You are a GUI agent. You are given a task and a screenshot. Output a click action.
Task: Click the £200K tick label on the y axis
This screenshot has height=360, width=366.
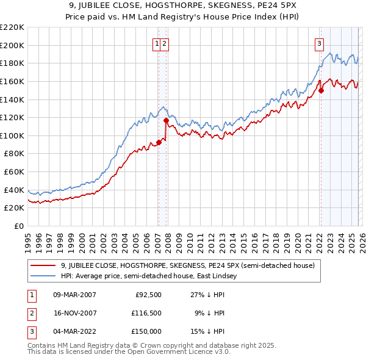[x=12, y=45]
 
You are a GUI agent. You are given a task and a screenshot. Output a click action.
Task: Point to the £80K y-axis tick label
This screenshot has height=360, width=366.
[x=14, y=154]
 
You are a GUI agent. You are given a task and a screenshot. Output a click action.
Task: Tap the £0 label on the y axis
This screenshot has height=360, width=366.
[x=18, y=226]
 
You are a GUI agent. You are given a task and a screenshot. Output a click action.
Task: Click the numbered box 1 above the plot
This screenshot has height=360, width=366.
[x=157, y=43]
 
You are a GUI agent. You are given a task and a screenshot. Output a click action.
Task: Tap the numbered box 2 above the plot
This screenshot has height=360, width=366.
[x=165, y=43]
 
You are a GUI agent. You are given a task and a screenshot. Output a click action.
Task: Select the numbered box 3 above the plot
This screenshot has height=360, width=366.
[x=319, y=43]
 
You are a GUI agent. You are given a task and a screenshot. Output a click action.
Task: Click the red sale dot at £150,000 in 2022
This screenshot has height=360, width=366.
[x=321, y=91]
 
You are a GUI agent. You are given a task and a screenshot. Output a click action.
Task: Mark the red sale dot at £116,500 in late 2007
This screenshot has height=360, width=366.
[x=166, y=121]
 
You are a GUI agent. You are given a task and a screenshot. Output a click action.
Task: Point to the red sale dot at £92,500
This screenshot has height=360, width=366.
[x=159, y=143]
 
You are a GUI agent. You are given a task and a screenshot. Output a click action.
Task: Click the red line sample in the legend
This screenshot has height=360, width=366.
[x=43, y=265]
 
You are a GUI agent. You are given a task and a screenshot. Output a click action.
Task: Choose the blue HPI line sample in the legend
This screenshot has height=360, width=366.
[x=43, y=276]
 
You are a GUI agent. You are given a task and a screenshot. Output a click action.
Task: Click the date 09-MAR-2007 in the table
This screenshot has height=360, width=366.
[x=74, y=294]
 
